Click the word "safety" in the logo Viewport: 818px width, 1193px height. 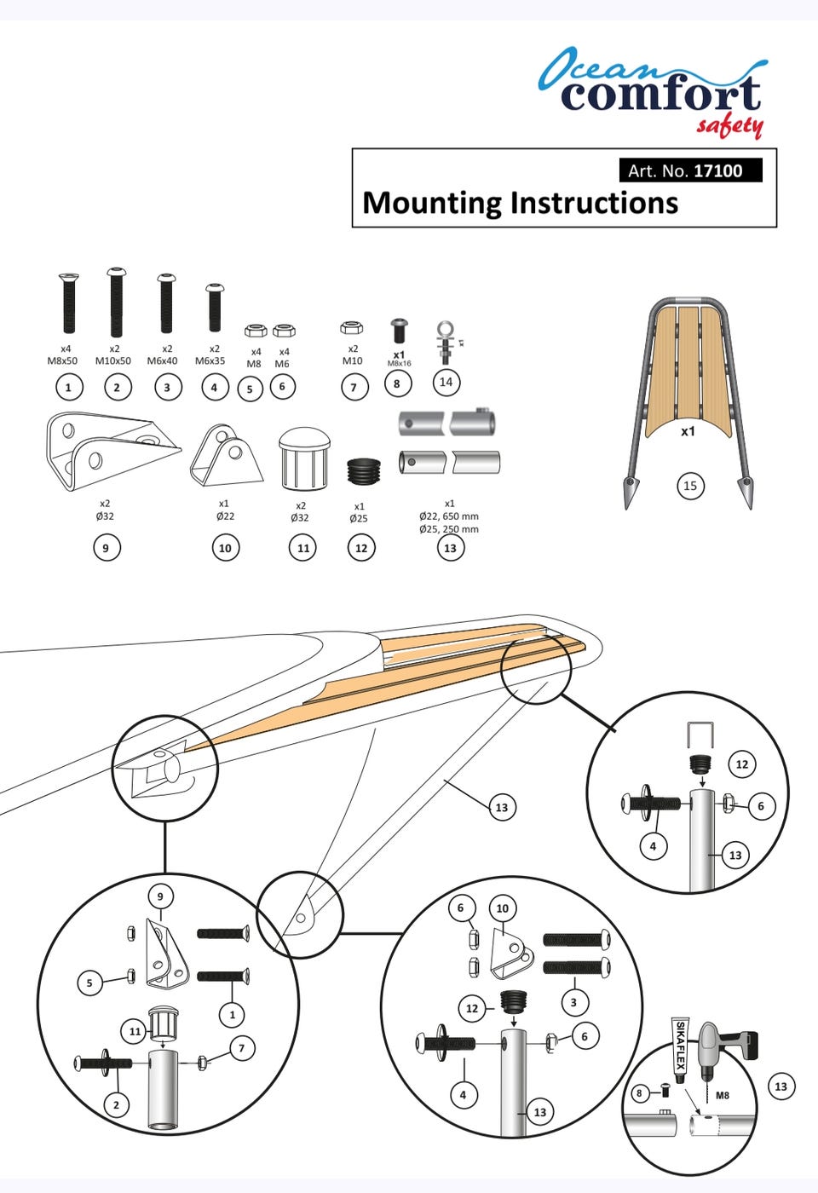pos(729,126)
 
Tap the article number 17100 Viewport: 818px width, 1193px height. pos(717,170)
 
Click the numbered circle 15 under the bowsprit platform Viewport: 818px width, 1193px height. pos(689,486)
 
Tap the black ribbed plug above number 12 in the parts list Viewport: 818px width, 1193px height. pos(363,470)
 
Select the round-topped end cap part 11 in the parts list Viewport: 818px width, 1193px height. pos(303,459)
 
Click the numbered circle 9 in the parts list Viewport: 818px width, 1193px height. pos(106,547)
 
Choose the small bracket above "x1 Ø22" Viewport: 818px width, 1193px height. pos(226,456)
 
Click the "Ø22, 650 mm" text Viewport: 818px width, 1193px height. pos(449,516)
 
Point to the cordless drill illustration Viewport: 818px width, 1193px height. pos(724,1052)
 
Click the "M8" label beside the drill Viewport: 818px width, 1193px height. pos(722,1095)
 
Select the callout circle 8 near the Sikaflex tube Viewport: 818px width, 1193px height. pos(639,1092)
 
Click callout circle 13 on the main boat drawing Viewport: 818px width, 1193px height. pos(501,807)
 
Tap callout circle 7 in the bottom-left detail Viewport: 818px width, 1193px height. pos(241,1047)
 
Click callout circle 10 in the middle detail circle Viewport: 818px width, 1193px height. pos(502,908)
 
